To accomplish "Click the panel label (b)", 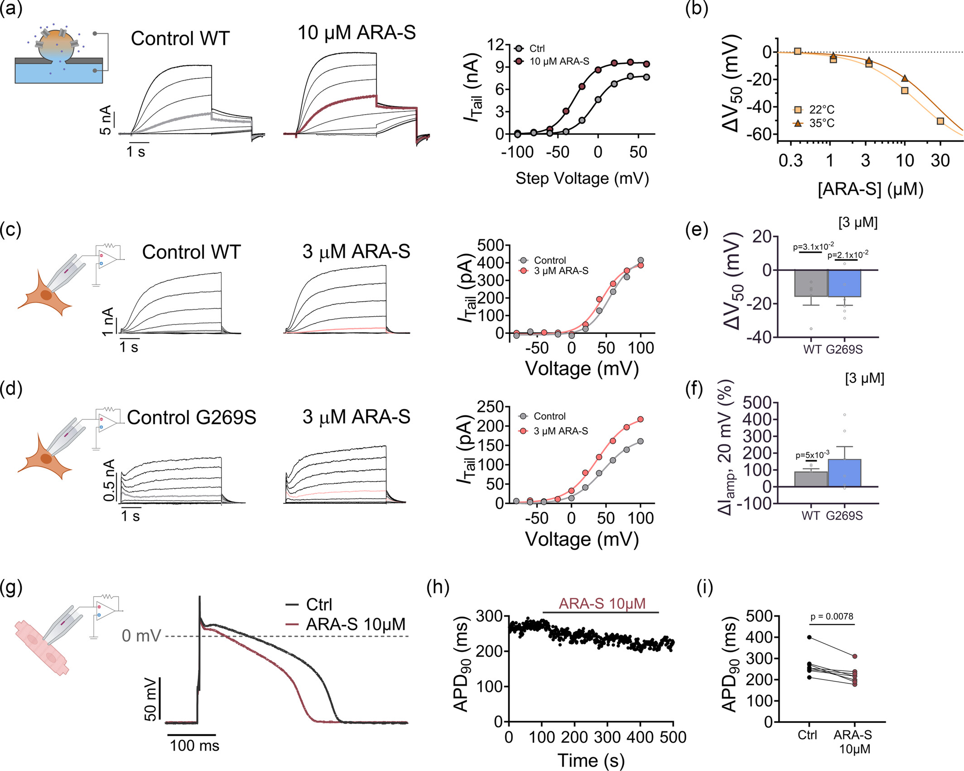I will (x=696, y=9).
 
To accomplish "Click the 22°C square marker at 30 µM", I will (x=940, y=121).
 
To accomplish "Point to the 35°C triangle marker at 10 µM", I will (x=905, y=78).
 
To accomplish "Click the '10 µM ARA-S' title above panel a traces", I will (x=357, y=33).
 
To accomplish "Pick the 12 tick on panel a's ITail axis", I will (x=496, y=45).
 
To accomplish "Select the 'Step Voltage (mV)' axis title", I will (x=582, y=178).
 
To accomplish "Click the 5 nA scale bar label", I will (x=105, y=120).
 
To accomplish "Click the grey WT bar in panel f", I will (x=811, y=479).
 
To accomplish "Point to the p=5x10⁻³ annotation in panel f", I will (x=812, y=455).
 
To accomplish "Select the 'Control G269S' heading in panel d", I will (x=192, y=417).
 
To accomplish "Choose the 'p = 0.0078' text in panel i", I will (x=832, y=617).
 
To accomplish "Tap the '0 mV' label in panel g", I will (x=141, y=636).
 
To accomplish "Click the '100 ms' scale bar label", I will (x=194, y=746).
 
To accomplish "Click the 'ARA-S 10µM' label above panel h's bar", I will (x=602, y=604).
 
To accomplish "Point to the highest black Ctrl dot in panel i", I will (x=810, y=637).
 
